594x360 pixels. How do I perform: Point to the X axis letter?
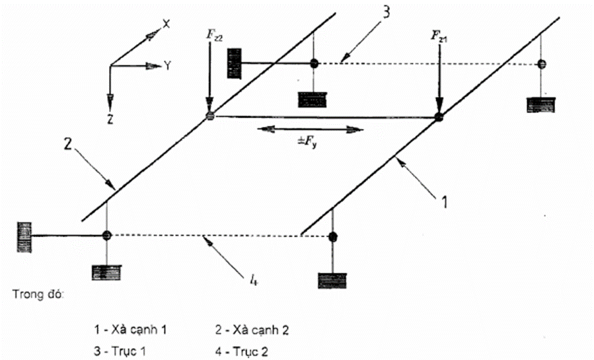[167, 24]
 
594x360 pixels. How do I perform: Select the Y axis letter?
[169, 65]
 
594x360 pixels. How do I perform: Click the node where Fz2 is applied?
[210, 116]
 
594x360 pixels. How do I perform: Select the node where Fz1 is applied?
[437, 118]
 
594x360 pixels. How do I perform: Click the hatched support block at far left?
[24, 234]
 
